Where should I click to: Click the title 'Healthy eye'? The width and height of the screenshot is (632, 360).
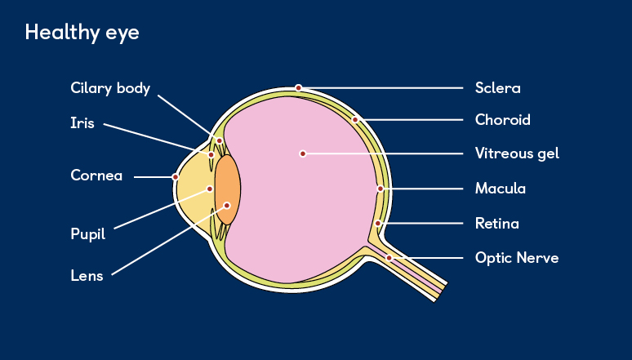(x=82, y=33)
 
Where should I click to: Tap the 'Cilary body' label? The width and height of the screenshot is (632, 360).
(x=110, y=88)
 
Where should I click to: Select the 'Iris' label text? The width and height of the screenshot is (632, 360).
(x=82, y=124)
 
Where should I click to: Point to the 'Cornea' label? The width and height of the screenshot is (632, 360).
(x=96, y=176)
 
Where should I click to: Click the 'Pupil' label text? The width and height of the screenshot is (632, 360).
(x=87, y=234)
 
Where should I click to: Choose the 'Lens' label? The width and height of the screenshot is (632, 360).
(x=87, y=276)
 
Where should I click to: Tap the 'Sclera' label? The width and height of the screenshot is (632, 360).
(x=497, y=88)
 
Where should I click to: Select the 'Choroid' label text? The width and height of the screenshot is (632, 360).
(x=502, y=120)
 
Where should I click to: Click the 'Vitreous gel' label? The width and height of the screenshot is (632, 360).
(x=517, y=153)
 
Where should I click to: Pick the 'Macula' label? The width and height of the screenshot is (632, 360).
(x=500, y=189)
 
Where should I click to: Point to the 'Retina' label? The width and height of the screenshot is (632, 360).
(x=496, y=223)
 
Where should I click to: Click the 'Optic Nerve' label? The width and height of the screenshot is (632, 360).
(x=517, y=258)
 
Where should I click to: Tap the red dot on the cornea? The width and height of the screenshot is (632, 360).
(x=176, y=176)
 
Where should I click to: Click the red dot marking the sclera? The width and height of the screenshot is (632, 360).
(x=299, y=87)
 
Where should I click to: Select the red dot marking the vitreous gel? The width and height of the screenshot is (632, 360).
(x=302, y=153)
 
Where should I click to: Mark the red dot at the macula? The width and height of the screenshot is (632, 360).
(x=380, y=189)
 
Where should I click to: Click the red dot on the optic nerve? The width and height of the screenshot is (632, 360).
(x=389, y=258)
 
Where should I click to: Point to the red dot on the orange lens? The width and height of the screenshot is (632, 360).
(x=228, y=206)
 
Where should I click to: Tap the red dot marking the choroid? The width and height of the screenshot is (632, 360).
(x=355, y=120)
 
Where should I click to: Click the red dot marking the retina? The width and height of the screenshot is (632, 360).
(x=378, y=223)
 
